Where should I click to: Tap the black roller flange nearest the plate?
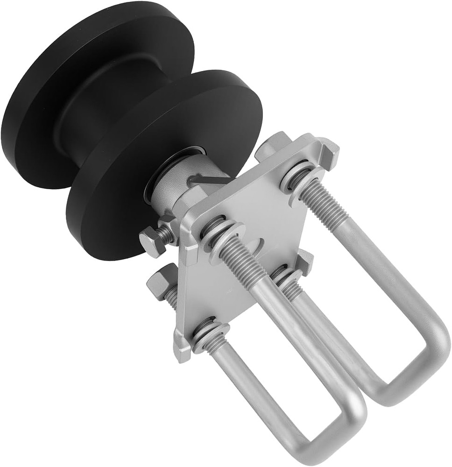[117, 205]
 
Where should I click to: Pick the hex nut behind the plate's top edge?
[273, 145]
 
